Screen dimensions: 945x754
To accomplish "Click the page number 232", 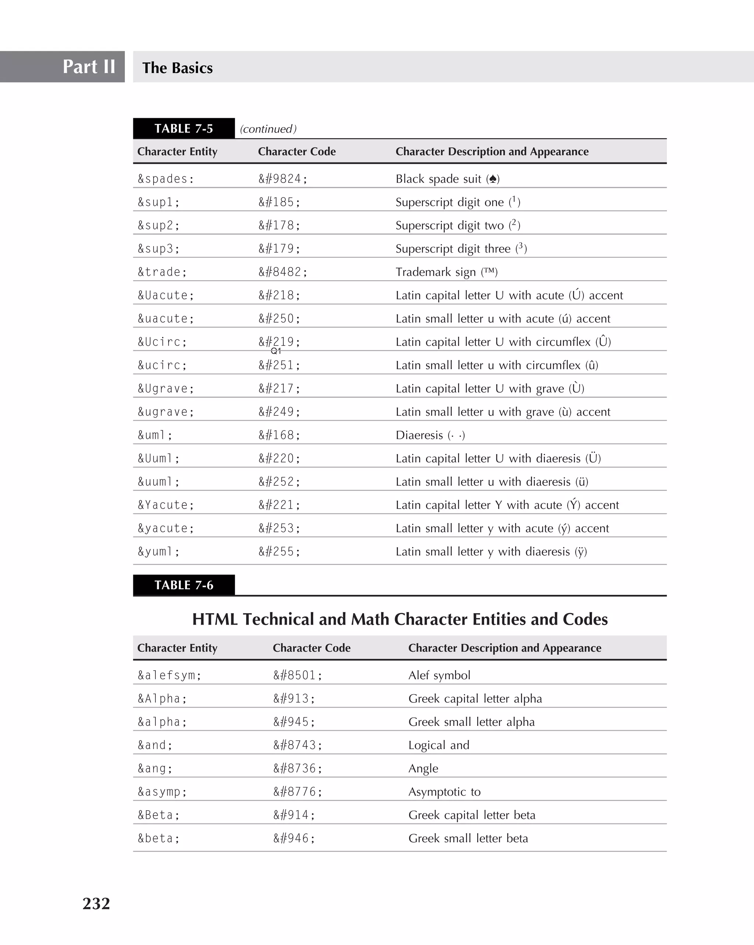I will tap(96, 903).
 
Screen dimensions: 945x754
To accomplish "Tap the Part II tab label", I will tap(89, 67).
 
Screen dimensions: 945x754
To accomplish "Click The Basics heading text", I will tap(177, 68).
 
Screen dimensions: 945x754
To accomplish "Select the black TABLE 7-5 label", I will tap(184, 129).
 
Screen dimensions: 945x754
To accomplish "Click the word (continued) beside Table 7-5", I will tap(268, 129).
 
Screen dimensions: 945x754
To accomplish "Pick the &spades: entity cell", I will tap(166, 179).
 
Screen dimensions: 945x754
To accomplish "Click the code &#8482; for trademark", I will tap(283, 272).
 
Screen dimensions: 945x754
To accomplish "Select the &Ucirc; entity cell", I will tap(162, 342).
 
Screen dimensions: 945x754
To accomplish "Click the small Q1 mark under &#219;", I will tap(276, 351).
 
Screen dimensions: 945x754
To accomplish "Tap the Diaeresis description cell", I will tap(430, 435).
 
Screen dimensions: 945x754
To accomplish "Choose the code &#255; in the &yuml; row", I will tap(279, 551).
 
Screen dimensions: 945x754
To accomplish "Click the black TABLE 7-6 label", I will tap(184, 585).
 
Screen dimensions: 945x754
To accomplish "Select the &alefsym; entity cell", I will tap(170, 675).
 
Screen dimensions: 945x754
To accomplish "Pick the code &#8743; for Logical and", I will tap(298, 745).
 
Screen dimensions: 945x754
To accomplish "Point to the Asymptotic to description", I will tap(444, 791).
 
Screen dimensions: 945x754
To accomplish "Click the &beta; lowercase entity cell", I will tap(159, 839).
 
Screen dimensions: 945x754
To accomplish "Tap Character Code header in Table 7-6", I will tap(311, 648).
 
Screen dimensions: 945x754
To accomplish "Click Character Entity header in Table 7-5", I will tap(177, 151).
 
